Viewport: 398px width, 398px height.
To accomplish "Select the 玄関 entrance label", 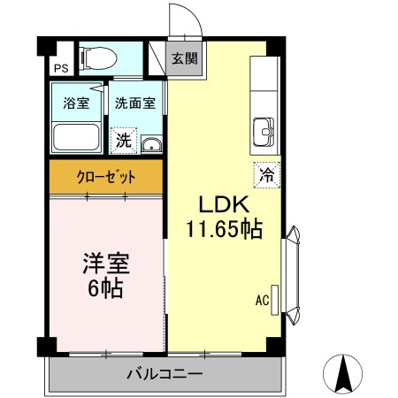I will pos(184,59).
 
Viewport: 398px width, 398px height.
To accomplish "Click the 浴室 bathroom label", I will pos(75,103).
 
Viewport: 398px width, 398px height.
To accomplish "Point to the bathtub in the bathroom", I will pos(77,137).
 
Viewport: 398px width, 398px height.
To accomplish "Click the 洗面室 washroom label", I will pos(135,103).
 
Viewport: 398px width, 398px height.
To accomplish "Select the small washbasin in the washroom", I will pos(151,145).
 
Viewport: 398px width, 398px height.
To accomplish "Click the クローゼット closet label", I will pos(106,176).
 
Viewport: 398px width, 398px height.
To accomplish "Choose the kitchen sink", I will pos(264,133).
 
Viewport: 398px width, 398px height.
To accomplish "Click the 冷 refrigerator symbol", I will pos(265,174).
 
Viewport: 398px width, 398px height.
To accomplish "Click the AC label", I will pos(262,300).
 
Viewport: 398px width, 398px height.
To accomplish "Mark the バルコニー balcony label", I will pos(165,374).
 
